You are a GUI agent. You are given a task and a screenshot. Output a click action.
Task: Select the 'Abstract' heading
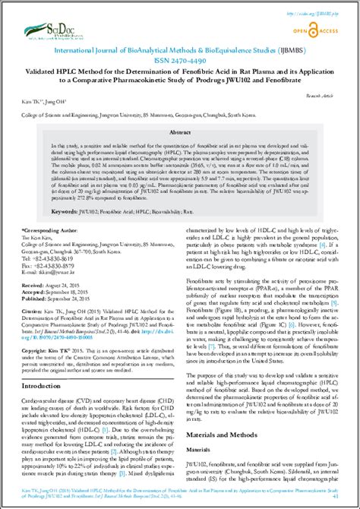[179, 130]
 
